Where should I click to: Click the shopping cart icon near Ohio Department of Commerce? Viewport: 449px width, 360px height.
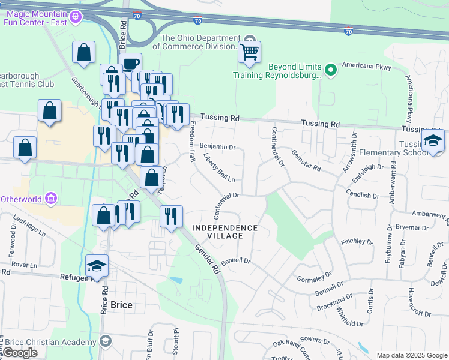pyautogui.click(x=249, y=52)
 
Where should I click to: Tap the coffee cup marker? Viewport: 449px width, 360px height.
pyautogui.click(x=130, y=64)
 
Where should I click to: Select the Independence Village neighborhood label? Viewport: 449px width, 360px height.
pyautogui.click(x=225, y=232)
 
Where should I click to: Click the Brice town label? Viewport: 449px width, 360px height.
pyautogui.click(x=121, y=305)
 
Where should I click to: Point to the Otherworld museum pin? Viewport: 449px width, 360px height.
pyautogui.click(x=50, y=198)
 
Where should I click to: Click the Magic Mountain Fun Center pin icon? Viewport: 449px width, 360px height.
pyautogui.click(x=74, y=17)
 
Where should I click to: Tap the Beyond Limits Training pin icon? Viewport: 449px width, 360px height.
pyautogui.click(x=330, y=71)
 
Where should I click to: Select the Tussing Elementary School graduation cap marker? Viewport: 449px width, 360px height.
pyautogui.click(x=433, y=142)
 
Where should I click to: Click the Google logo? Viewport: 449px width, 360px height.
pyautogui.click(x=20, y=353)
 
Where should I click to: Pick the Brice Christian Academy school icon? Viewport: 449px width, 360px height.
pyautogui.click(x=106, y=341)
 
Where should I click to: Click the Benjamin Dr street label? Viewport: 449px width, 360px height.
pyautogui.click(x=217, y=146)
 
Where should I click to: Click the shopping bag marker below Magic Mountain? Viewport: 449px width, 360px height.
pyautogui.click(x=84, y=53)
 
